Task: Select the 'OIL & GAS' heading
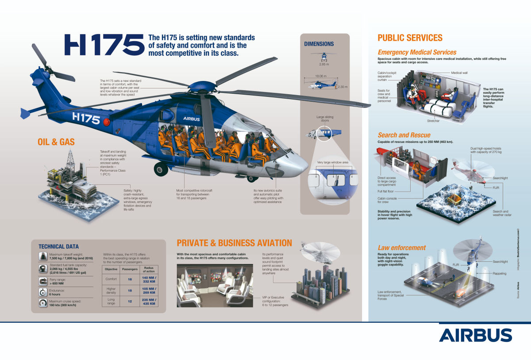56,142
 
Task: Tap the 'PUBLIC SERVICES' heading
410,38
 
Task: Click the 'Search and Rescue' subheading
404,135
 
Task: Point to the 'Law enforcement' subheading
401,248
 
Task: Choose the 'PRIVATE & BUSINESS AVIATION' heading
234,243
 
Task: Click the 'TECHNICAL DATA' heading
58,246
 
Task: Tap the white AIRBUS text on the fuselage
192,119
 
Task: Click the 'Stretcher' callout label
433,121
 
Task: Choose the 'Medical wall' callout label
459,73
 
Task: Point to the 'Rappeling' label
499,273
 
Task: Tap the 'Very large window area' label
332,162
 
